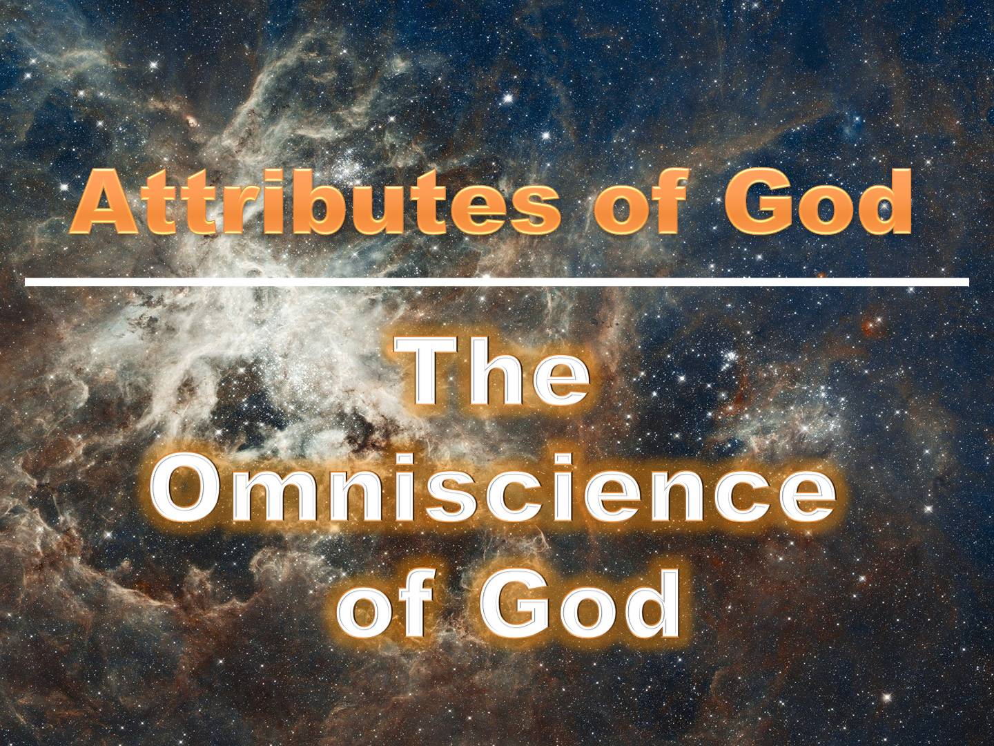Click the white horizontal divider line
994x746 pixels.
point(497,282)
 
